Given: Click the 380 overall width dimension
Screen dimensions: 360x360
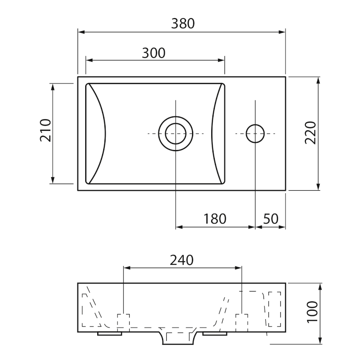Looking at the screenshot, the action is [183, 24].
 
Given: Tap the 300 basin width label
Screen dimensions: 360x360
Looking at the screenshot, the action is [154, 53].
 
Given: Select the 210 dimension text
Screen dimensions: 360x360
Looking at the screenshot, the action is [46, 130].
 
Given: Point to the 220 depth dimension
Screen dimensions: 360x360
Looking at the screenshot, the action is [311, 133].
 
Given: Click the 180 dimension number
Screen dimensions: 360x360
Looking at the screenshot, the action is [215, 219].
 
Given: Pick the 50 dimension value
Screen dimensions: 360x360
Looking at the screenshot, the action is [271, 219].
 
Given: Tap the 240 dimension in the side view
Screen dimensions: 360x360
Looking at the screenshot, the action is [182, 260].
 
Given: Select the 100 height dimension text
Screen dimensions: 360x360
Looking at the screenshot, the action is [312, 312].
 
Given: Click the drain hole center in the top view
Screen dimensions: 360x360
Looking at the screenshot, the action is [176, 134].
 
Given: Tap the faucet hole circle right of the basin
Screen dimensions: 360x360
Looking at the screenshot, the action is [255, 134].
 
